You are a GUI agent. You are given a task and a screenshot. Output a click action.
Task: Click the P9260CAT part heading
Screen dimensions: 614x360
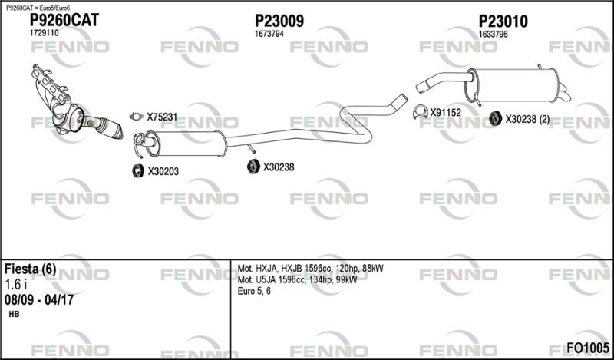[64, 20]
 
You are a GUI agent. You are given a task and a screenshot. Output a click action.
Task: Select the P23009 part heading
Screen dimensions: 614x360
[279, 21]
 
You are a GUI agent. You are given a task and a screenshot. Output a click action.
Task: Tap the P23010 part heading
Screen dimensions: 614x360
[503, 21]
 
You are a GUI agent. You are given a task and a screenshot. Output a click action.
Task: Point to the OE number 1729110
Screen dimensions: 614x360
[45, 33]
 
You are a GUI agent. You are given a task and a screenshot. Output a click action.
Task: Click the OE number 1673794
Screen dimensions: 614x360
[269, 34]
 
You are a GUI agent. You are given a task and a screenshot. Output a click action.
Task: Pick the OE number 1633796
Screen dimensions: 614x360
[493, 34]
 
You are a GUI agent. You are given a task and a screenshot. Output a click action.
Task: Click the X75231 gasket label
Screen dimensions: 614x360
[162, 117]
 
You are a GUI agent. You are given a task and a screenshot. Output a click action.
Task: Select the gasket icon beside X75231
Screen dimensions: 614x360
[136, 116]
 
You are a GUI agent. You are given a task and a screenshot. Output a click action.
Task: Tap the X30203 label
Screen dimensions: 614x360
[163, 171]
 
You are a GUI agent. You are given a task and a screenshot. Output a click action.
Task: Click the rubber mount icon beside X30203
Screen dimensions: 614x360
[138, 171]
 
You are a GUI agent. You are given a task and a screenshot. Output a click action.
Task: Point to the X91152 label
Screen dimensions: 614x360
[446, 112]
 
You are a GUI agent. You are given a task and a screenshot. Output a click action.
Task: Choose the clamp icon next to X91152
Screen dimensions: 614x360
[421, 112]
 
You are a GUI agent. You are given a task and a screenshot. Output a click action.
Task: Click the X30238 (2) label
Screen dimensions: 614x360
[527, 119]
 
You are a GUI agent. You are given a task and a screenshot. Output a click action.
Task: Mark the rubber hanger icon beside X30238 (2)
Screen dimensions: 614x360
[496, 118]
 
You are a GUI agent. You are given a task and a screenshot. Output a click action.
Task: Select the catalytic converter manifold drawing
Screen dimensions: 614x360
[77, 103]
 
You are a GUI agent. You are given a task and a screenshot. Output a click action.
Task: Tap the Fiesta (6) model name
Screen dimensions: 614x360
[30, 269]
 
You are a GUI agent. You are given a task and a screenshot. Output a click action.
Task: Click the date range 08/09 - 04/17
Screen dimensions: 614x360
[39, 300]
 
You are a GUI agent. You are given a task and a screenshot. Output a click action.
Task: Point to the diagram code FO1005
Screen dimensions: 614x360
[588, 348]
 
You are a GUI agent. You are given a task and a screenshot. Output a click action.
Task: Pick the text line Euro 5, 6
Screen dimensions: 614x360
[254, 291]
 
